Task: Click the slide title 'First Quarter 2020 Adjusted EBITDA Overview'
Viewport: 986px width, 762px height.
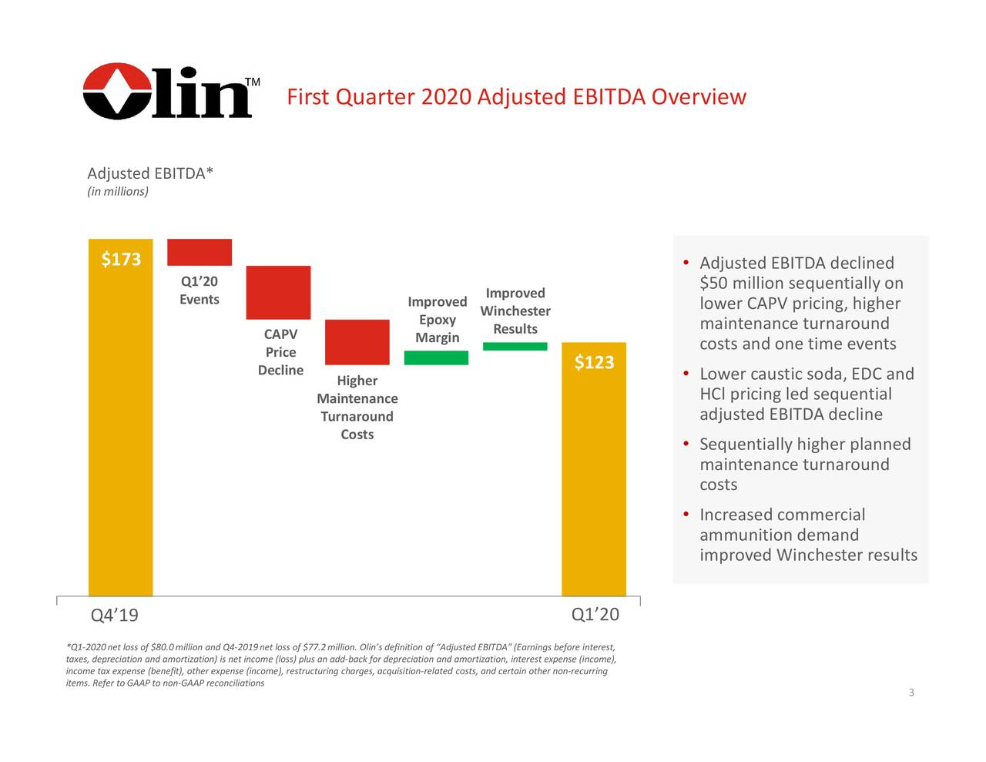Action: [x=516, y=97]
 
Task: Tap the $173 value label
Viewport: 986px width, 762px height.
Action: [x=121, y=259]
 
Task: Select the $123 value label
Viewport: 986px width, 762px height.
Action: [x=594, y=362]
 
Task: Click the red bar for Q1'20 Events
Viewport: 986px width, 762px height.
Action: [x=200, y=252]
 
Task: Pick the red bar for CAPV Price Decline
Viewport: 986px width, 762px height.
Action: [x=278, y=292]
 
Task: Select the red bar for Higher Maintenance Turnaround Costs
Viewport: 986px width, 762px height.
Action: [x=357, y=341]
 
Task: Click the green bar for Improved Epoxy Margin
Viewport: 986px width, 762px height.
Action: [x=436, y=358]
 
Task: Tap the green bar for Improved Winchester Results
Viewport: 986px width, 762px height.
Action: [x=515, y=346]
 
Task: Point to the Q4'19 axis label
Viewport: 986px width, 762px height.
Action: [x=114, y=616]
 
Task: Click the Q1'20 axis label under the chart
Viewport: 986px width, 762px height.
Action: [x=595, y=614]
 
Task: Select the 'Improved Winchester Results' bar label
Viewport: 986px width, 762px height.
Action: [x=515, y=311]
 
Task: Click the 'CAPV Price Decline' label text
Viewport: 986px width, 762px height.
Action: [x=280, y=352]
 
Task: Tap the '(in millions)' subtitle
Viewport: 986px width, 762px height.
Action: [x=118, y=192]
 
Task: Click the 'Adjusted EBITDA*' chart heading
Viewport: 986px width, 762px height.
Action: [x=150, y=173]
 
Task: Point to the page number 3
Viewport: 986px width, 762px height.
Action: [x=911, y=693]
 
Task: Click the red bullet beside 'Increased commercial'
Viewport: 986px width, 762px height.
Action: [x=685, y=515]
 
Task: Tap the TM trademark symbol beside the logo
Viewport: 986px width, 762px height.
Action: [x=252, y=82]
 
